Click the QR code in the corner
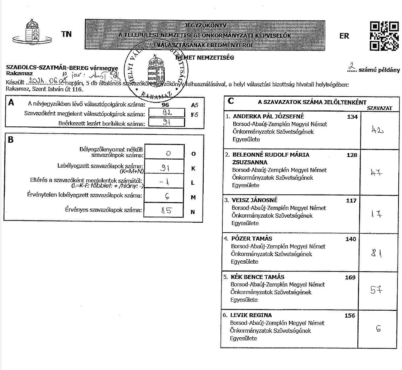tap(384, 36)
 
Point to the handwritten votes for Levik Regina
tap(378, 328)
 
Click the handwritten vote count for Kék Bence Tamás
tap(376, 290)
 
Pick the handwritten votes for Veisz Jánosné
tap(377, 214)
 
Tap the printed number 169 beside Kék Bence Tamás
tap(350, 277)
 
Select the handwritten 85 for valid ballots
tap(166, 210)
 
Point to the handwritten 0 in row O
tap(168, 153)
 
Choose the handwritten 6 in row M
tap(167, 197)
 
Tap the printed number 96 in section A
tap(165, 105)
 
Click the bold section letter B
tap(11, 140)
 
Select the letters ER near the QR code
tap(344, 36)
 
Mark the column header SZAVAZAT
tap(380, 108)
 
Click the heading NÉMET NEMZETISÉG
tap(205, 57)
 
